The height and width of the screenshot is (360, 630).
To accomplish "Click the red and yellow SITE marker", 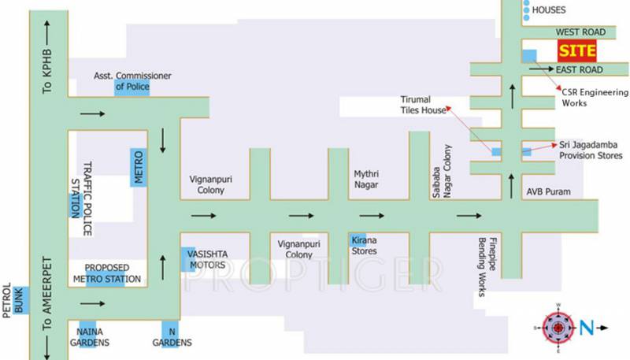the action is click(x=577, y=50).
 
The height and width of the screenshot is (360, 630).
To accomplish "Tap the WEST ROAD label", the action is click(x=580, y=32).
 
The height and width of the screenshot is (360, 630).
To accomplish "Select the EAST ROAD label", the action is click(x=579, y=70).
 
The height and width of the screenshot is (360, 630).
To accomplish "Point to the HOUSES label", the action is click(x=549, y=10).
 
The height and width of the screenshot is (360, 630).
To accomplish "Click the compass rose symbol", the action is click(x=558, y=328).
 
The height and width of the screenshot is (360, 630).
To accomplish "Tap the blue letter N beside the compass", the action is click(x=586, y=328).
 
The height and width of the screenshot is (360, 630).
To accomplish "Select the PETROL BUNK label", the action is click(x=13, y=300).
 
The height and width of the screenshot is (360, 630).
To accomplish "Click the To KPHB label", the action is click(x=47, y=72).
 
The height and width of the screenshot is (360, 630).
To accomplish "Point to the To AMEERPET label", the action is click(x=47, y=294).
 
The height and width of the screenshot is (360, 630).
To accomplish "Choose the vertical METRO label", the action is click(x=139, y=167).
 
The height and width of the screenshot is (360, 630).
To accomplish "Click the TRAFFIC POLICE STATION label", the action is click(x=82, y=199).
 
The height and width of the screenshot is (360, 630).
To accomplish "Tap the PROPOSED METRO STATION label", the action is click(x=107, y=273).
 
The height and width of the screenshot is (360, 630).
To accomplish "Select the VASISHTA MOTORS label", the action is click(x=207, y=259).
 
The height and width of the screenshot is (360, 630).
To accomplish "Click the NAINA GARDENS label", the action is click(x=90, y=337).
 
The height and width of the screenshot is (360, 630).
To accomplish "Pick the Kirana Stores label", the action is click(x=364, y=246).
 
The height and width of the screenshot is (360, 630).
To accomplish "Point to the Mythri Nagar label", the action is click(x=366, y=179).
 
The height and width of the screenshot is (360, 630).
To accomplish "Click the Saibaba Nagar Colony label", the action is click(x=442, y=171).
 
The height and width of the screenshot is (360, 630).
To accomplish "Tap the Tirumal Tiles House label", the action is click(x=423, y=105).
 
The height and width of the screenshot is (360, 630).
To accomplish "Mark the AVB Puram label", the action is click(x=548, y=192).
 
